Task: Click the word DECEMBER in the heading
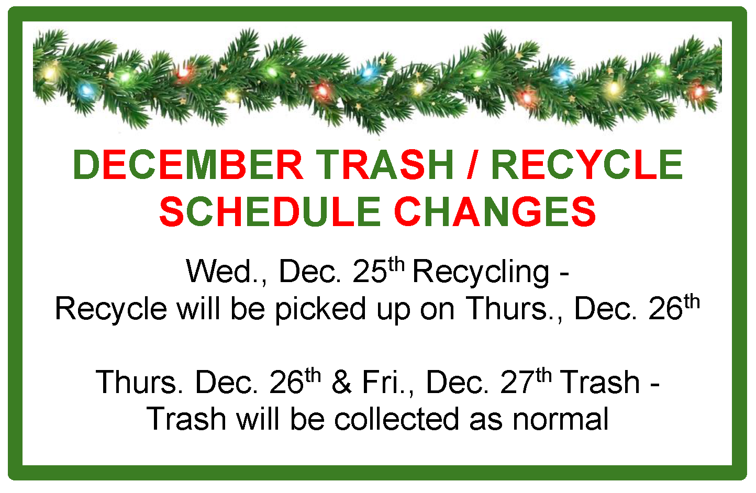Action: pos(188,164)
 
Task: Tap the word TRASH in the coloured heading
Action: pos(384,164)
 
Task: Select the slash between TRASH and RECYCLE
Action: pos(472,164)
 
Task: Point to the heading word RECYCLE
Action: pos(586,164)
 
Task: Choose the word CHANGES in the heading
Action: pos(495,212)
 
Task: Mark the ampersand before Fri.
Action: pos(341,382)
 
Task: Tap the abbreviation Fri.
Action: pos(386,382)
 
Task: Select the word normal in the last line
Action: pos(560,419)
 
